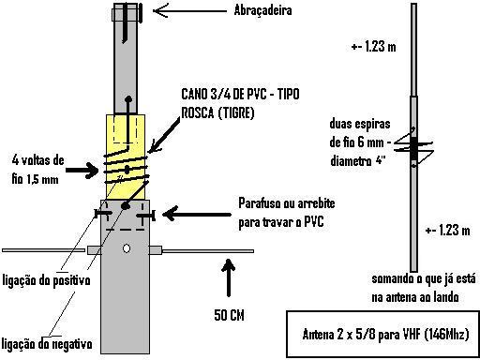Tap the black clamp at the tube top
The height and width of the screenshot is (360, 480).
pyautogui.click(x=127, y=13)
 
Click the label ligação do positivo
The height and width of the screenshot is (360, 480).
pyautogui.click(x=46, y=280)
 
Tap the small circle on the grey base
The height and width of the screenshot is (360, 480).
pyautogui.click(x=127, y=249)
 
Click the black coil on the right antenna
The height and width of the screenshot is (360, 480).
pyautogui.click(x=413, y=148)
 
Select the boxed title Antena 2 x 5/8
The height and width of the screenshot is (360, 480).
pyautogui.click(x=381, y=333)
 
